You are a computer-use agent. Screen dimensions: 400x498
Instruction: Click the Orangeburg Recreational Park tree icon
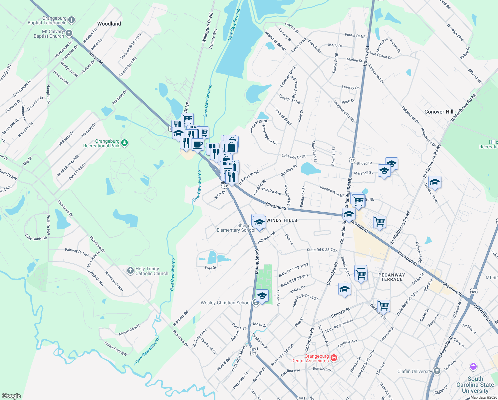[x=124, y=143]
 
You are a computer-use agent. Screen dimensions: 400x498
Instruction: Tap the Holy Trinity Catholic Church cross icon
[x=130, y=271]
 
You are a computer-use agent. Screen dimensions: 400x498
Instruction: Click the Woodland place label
[x=109, y=24]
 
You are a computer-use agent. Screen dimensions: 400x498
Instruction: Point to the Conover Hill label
[x=439, y=112]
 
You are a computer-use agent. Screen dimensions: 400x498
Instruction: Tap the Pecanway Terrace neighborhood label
[x=392, y=277]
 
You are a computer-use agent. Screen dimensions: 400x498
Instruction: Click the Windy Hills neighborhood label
[x=282, y=220]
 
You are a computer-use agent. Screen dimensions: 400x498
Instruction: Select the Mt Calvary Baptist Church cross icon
[x=69, y=33]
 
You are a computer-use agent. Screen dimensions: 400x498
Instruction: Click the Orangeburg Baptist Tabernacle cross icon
[x=72, y=20]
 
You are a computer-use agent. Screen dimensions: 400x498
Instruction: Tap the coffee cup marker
[x=197, y=145]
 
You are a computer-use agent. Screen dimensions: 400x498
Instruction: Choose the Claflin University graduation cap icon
[x=437, y=371]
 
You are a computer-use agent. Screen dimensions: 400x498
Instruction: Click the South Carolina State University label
[x=475, y=385]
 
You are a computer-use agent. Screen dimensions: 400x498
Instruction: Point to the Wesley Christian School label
[x=225, y=303]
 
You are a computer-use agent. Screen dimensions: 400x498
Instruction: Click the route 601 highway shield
[x=474, y=291]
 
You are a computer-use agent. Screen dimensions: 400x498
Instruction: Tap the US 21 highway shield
[x=352, y=160]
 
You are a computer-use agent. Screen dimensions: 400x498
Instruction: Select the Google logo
[x=11, y=396]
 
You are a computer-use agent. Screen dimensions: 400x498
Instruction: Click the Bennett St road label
[x=340, y=313]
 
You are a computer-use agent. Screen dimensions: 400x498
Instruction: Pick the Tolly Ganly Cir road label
[x=36, y=237]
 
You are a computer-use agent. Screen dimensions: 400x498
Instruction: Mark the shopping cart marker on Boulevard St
[x=383, y=305]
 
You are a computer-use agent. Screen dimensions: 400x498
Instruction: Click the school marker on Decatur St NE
[x=435, y=182]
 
